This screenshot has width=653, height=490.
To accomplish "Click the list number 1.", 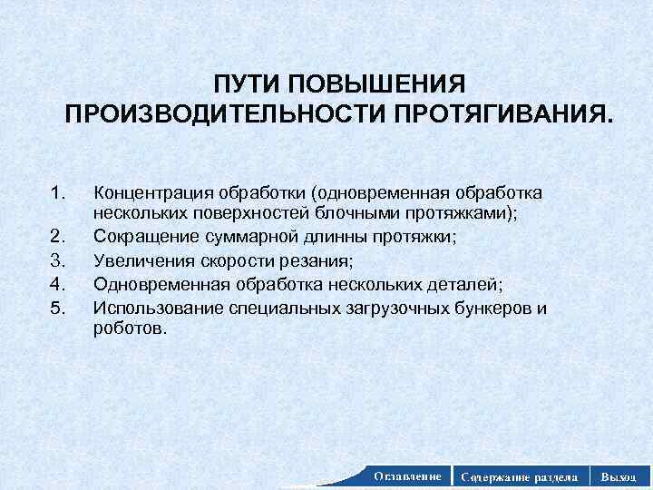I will [x=60, y=192].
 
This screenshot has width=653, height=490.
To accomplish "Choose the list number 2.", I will [x=60, y=237].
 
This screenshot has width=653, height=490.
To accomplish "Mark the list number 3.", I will [x=60, y=260].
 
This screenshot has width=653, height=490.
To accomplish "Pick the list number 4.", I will [x=60, y=282].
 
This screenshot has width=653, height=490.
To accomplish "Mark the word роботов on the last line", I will [x=130, y=328].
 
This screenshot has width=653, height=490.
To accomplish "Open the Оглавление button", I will [x=407, y=475].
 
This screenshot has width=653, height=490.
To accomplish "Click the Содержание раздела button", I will [x=520, y=475].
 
